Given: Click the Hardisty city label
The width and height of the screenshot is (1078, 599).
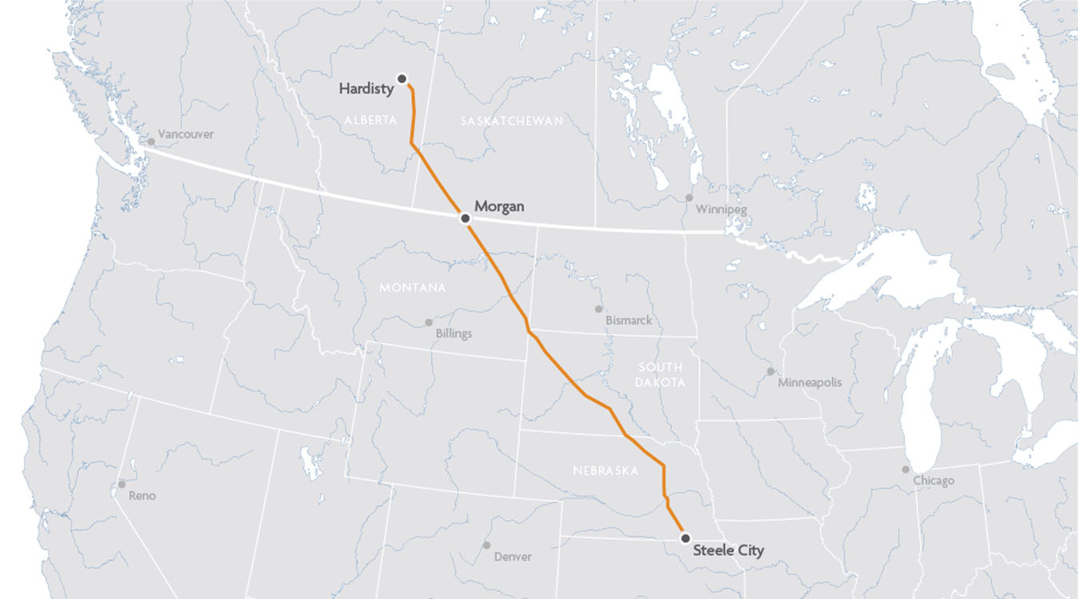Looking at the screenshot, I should pyautogui.click(x=367, y=89).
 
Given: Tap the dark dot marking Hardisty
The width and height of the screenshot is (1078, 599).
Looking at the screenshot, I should pyautogui.click(x=402, y=78).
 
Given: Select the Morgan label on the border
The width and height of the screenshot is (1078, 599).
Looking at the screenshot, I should pyautogui.click(x=499, y=206).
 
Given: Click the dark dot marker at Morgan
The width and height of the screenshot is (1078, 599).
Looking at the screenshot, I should pyautogui.click(x=465, y=217).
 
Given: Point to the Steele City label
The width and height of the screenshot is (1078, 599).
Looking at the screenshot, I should pyautogui.click(x=728, y=549).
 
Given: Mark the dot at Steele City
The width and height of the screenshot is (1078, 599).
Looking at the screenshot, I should pyautogui.click(x=685, y=538).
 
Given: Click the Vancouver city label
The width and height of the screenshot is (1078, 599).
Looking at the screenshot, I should pyautogui.click(x=185, y=134).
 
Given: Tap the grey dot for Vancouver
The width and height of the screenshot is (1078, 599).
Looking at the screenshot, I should pyautogui.click(x=150, y=141).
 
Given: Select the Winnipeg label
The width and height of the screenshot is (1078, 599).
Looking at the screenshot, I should pyautogui.click(x=721, y=210).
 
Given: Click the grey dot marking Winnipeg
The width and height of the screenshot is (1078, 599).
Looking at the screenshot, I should pyautogui.click(x=688, y=197).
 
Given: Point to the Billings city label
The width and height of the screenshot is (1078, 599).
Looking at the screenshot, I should pyautogui.click(x=454, y=334).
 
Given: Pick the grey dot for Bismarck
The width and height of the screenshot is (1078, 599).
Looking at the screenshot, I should pyautogui.click(x=598, y=308).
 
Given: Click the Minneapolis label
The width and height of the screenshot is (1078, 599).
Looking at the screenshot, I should pyautogui.click(x=810, y=383).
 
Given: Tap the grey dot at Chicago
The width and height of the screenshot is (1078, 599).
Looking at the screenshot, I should pyautogui.click(x=905, y=470).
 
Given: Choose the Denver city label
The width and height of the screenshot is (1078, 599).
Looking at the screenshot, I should pyautogui.click(x=513, y=557).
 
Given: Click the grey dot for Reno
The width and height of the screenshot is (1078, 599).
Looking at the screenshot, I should pyautogui.click(x=121, y=484).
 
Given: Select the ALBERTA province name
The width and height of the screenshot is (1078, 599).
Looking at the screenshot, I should pyautogui.click(x=371, y=120).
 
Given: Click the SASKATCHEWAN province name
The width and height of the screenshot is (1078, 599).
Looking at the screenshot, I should pyautogui.click(x=512, y=121).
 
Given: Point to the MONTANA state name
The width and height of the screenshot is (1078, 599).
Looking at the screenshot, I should pyautogui.click(x=412, y=288).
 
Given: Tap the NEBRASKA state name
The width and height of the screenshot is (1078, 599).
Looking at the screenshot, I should pyautogui.click(x=605, y=471).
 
